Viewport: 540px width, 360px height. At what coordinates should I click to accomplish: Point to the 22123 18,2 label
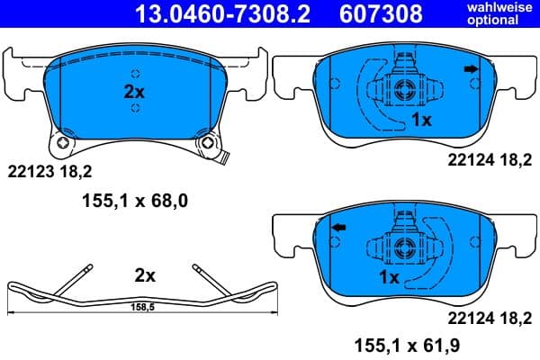50,168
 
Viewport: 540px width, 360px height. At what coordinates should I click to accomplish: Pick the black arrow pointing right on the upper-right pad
471,69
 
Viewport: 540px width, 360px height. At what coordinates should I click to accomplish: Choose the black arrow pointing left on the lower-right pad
339,229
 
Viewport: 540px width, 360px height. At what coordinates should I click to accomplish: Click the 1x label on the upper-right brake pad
421,119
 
